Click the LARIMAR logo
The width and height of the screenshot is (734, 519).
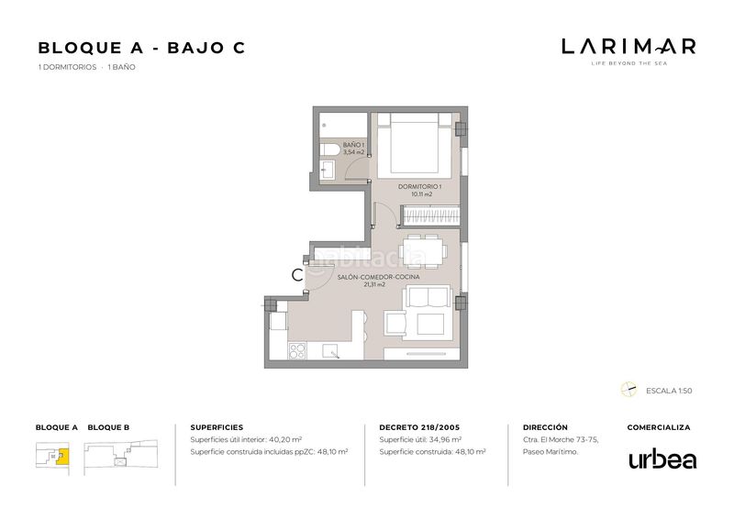628,51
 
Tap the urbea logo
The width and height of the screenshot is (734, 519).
662,459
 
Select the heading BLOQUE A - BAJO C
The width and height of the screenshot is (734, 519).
141,48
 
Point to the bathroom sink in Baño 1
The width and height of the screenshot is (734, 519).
328,170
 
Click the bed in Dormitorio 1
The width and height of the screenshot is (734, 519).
415,146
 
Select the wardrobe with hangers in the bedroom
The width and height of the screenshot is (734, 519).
430,215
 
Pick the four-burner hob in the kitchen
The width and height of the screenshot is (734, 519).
297,351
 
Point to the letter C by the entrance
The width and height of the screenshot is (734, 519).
296,275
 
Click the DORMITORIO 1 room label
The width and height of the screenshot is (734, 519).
420,187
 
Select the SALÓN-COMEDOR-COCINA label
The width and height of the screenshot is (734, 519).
379,277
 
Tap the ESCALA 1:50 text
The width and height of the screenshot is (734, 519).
669,391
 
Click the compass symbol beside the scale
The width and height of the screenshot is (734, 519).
628,390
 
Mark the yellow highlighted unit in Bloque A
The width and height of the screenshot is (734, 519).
62,457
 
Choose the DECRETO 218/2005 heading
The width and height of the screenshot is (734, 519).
419,427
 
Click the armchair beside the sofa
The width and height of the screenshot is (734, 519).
395,324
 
